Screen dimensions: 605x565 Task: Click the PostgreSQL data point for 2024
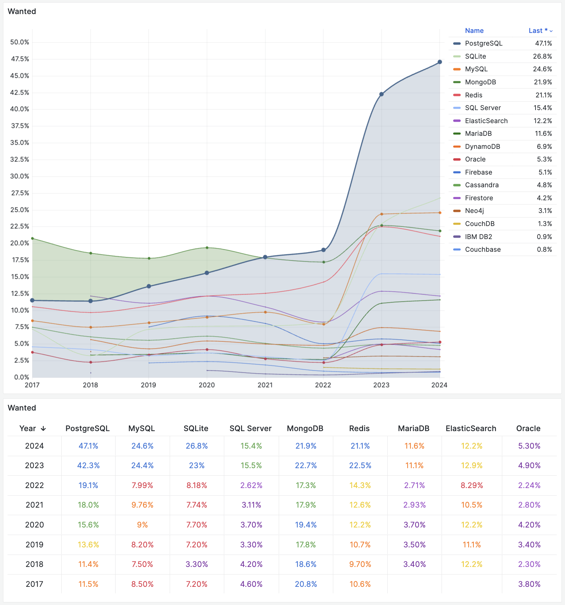(x=440, y=62)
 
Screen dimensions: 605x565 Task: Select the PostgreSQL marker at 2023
(x=381, y=94)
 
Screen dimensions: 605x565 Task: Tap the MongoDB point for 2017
(x=32, y=238)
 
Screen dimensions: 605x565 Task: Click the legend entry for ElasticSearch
(x=486, y=121)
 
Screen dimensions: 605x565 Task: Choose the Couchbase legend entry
(x=482, y=249)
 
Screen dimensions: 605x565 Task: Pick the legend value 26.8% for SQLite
(x=542, y=56)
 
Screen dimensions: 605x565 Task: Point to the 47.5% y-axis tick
(x=20, y=59)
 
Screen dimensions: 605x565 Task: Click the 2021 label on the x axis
(x=265, y=385)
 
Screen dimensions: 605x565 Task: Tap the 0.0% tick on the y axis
(x=22, y=377)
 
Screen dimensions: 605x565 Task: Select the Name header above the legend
(x=474, y=31)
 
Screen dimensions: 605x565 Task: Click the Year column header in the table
(x=33, y=428)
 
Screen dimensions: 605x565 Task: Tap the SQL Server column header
(x=250, y=428)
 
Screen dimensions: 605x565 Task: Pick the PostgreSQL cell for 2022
(x=88, y=485)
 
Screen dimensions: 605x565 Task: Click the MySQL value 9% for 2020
(x=142, y=525)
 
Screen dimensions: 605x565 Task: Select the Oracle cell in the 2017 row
(x=529, y=584)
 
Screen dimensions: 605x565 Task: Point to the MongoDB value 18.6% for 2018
(x=305, y=564)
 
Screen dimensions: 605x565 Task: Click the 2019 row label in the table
(x=34, y=545)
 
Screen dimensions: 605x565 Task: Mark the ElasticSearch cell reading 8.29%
(x=471, y=485)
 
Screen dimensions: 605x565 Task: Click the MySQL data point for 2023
(x=382, y=214)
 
